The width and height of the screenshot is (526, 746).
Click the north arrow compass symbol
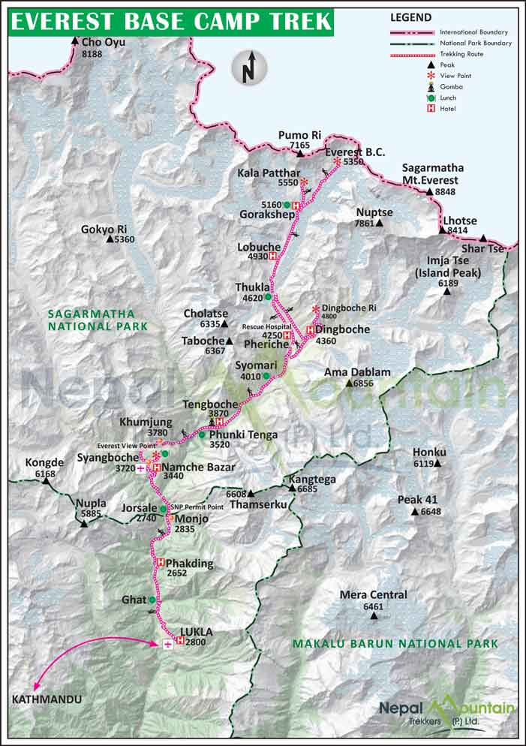click(x=249, y=68)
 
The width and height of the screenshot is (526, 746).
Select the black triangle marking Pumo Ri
click(x=299, y=154)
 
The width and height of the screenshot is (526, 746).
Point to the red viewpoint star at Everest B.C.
click(x=337, y=162)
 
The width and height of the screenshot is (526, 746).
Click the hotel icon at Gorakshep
click(x=296, y=205)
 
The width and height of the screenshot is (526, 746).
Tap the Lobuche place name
click(x=258, y=246)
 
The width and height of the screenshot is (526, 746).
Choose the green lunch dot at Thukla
click(x=268, y=297)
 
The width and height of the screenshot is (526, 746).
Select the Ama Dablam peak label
click(x=357, y=372)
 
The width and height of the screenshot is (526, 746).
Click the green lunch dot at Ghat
click(x=152, y=600)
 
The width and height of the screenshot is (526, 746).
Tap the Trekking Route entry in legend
click(x=461, y=54)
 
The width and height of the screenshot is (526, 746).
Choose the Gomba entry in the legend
click(x=452, y=86)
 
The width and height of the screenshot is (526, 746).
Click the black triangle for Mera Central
click(x=374, y=616)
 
